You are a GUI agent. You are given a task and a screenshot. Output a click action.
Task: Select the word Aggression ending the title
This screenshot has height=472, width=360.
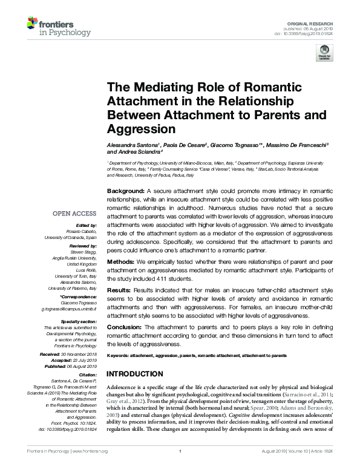point(141,128)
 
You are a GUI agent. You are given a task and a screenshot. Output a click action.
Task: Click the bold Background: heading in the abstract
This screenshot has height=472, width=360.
point(125,190)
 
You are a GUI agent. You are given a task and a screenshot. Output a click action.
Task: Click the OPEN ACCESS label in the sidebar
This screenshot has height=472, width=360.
point(74,214)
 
